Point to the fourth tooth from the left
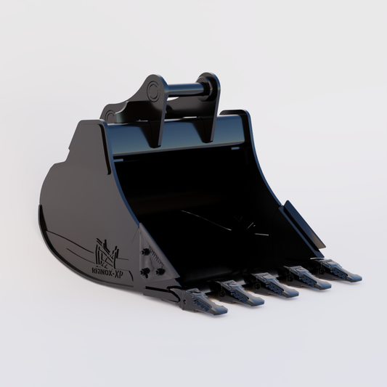point(309,277)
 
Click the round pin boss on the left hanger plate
point(152,91)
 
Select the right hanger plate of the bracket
point(210,102)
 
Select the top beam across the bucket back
point(182,134)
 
